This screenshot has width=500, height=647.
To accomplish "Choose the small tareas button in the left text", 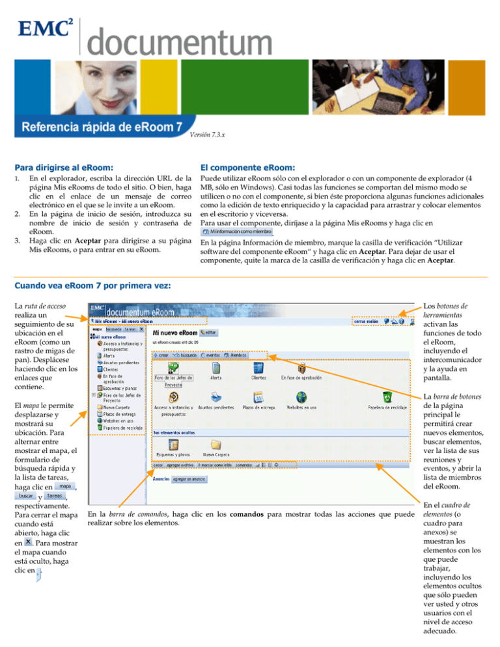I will pyautogui.click(x=54, y=496).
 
